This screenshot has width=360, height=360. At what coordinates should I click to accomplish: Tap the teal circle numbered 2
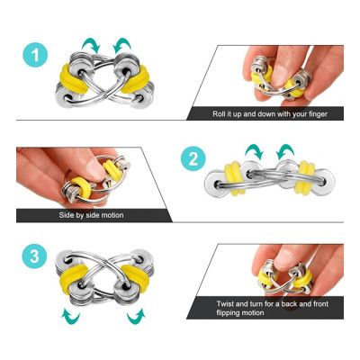tap(192, 160)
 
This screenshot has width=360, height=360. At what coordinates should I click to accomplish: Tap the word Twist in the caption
tap(226, 303)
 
